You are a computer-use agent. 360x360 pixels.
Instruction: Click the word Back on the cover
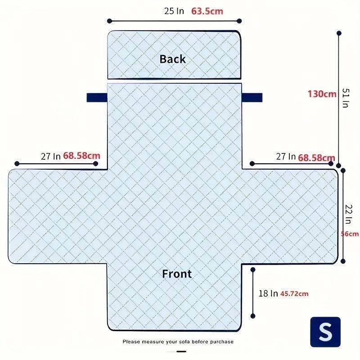[173, 59]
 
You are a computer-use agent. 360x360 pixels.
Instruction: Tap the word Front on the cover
[177, 274]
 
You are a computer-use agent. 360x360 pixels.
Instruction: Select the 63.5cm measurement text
[207, 11]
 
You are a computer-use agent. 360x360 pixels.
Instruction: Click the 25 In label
[174, 11]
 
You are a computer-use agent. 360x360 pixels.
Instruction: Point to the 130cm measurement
[322, 94]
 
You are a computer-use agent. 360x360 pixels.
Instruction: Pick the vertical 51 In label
[346, 98]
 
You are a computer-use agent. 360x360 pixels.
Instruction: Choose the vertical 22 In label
[348, 214]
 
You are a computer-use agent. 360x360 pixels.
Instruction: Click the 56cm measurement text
[350, 234]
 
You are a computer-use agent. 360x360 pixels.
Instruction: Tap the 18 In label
[268, 293]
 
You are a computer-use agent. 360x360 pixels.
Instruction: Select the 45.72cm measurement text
[294, 294]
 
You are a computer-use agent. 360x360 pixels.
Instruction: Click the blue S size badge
[325, 332]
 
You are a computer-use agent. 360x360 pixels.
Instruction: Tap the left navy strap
[97, 98]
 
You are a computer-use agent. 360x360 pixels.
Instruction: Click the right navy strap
[252, 98]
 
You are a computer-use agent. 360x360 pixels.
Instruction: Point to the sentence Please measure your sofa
[178, 342]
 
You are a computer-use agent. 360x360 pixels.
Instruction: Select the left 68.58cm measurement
[82, 156]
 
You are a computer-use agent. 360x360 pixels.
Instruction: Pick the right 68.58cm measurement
[317, 158]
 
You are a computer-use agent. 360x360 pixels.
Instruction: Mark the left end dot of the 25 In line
[109, 21]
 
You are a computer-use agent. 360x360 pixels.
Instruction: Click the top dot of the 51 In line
[339, 33]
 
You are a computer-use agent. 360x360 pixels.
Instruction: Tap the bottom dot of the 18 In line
[253, 316]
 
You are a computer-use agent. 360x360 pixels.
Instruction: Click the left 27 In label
[51, 156]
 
